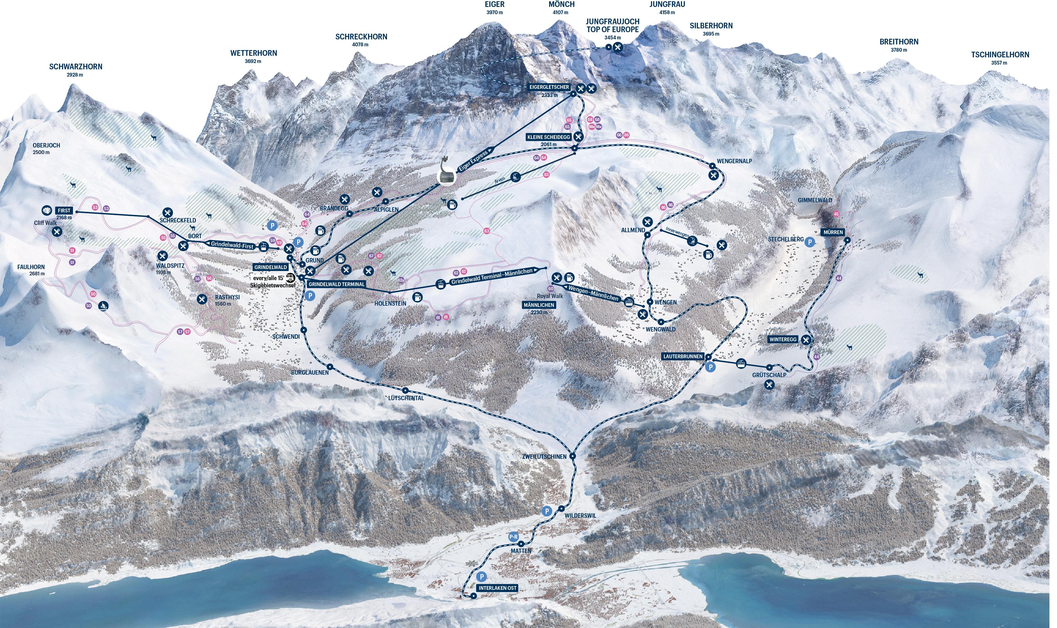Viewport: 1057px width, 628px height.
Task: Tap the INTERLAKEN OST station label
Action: tap(497, 588)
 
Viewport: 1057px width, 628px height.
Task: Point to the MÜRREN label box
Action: tap(833, 232)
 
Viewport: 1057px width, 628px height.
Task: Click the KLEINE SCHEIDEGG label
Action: tap(549, 137)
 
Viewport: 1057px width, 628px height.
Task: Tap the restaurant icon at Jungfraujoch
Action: tap(618, 47)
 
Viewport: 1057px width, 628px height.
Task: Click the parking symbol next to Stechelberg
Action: tap(809, 242)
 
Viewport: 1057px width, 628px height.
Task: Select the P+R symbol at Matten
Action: tap(513, 537)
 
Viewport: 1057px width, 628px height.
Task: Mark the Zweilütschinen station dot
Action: tap(573, 456)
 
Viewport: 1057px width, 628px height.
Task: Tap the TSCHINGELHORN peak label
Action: tap(999, 55)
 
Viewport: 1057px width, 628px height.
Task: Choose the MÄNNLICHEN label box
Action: tap(539, 305)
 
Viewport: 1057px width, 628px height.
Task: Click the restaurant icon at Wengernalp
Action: tap(713, 174)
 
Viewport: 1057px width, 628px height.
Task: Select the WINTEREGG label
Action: tap(783, 339)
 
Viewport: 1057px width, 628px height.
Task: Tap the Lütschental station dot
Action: tap(406, 390)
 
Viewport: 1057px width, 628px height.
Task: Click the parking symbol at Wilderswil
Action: tap(547, 511)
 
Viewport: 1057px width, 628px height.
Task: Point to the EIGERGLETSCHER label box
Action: tap(549, 87)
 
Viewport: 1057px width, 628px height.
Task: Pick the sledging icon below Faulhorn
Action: tap(103, 306)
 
